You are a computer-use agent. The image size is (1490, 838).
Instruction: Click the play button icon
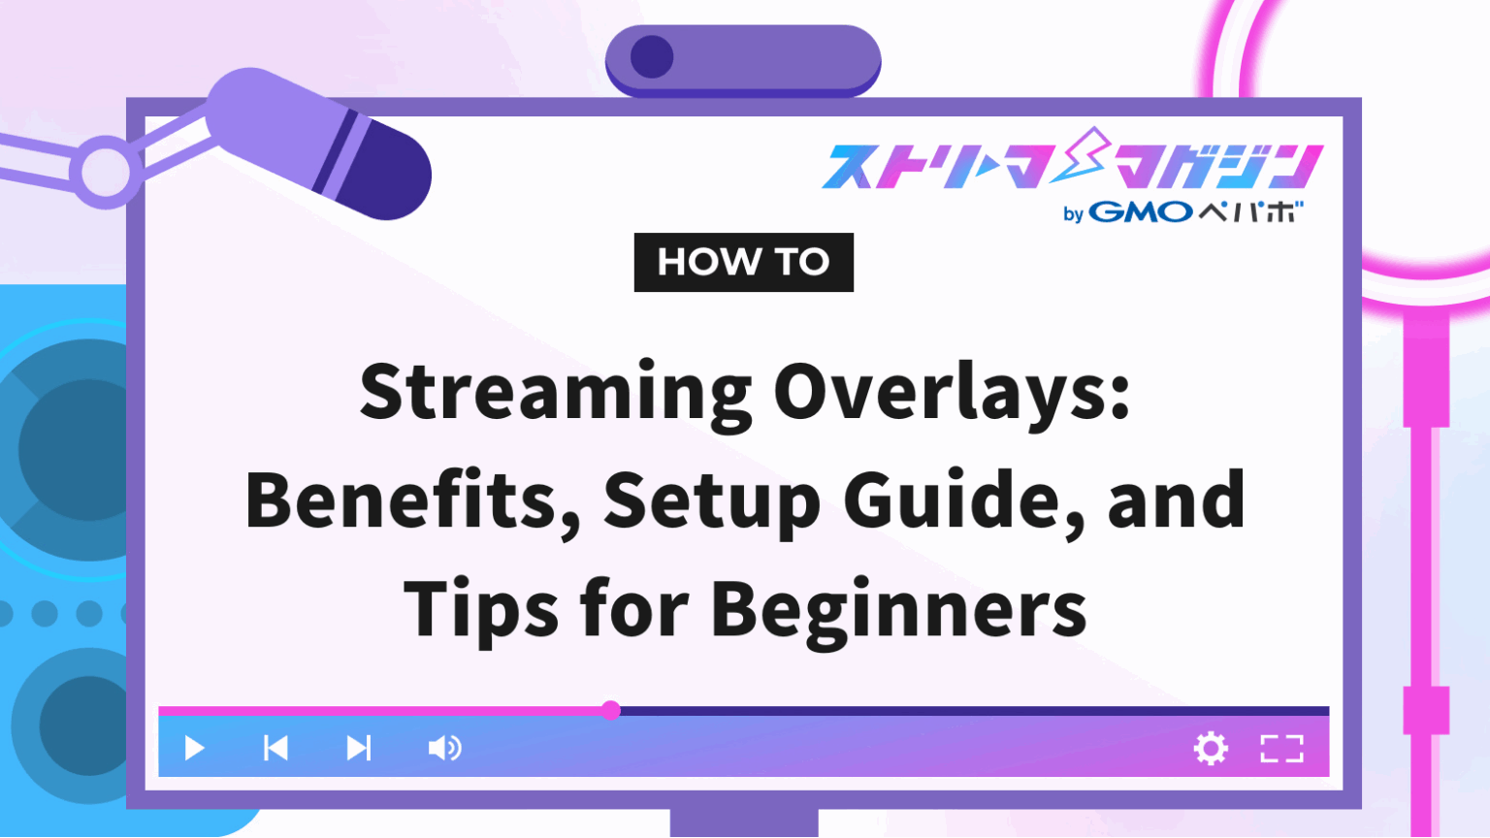[194, 748]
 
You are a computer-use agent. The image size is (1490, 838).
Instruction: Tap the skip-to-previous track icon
[275, 748]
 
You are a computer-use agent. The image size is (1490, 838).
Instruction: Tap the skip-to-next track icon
[359, 748]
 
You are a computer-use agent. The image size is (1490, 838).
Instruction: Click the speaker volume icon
[444, 748]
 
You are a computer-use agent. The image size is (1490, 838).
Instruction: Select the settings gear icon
[1211, 748]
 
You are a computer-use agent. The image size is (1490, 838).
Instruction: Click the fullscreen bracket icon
[1281, 748]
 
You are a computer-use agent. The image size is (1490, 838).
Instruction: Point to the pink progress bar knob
[610, 710]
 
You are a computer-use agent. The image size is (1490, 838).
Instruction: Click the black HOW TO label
[743, 262]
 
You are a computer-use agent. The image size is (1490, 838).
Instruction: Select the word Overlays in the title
[951, 393]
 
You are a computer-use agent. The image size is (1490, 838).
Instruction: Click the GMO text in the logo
[1141, 211]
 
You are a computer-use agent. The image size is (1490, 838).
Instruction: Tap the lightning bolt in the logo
[1082, 155]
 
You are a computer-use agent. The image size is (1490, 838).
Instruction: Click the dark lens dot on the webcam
[652, 57]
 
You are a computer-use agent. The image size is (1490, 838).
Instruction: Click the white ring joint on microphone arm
[105, 172]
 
